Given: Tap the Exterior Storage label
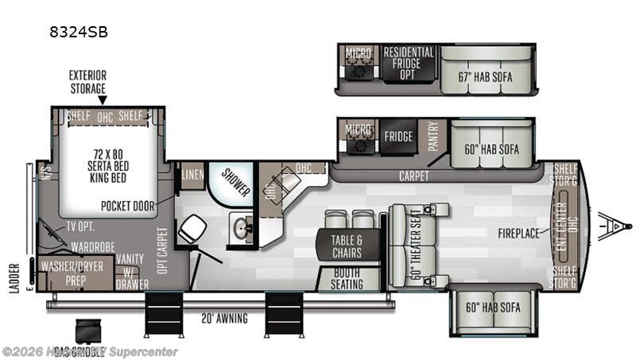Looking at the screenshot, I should tap(87, 81).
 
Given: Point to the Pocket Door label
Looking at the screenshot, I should tap(127, 205).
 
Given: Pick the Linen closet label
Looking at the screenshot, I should tap(192, 174).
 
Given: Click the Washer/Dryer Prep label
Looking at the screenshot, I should tap(72, 272).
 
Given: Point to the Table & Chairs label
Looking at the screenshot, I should tap(346, 246).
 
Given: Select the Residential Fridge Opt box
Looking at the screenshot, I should tap(409, 64).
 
